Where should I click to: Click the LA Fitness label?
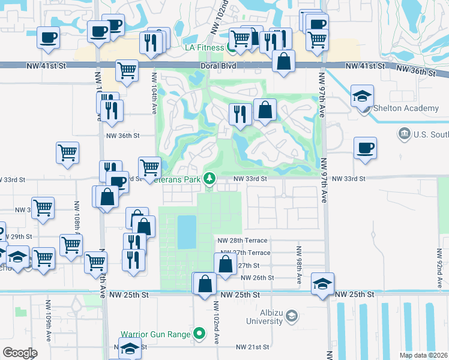pyautogui.click(x=205, y=47)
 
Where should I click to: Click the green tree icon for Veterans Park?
pyautogui.click(x=209, y=178)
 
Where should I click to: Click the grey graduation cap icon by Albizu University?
pyautogui.click(x=291, y=316)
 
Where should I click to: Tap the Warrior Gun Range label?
pyautogui.click(x=156, y=334)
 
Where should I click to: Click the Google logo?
pyautogui.click(x=20, y=353)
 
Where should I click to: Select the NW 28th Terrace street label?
pyautogui.click(x=243, y=240)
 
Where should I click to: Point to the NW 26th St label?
pyautogui.click(x=257, y=278)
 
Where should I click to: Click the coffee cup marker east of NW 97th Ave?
pyautogui.click(x=365, y=148)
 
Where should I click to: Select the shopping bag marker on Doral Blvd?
pyautogui.click(x=283, y=61)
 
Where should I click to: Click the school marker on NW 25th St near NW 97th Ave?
pyautogui.click(x=322, y=283)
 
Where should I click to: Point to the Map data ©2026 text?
pyautogui.click(x=424, y=355)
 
